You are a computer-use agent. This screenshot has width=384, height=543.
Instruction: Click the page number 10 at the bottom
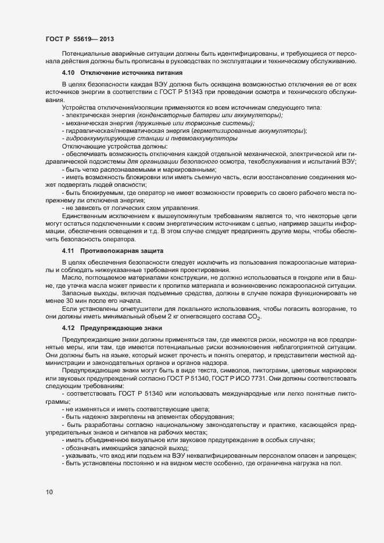pos(49,493)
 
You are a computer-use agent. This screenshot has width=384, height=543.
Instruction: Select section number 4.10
pos(69,73)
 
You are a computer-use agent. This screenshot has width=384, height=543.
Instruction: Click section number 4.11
pos(69,251)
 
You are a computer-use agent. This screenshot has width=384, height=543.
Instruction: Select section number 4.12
pos(69,328)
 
